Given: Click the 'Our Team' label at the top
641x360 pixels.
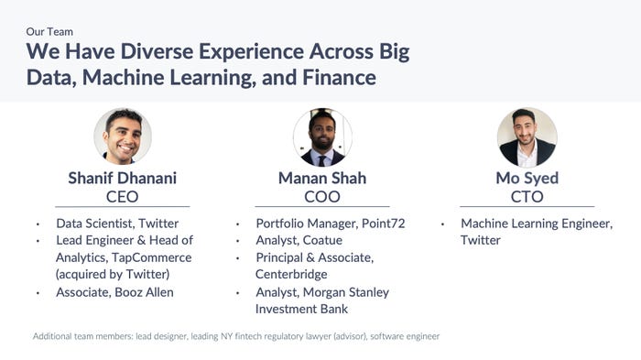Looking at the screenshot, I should click(x=49, y=31).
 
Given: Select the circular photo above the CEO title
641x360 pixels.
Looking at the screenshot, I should click(x=123, y=136).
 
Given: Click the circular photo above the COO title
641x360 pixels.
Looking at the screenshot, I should click(x=322, y=136).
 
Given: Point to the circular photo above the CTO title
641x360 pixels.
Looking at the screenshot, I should click(x=527, y=136).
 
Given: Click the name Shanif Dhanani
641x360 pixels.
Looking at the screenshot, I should click(x=123, y=178).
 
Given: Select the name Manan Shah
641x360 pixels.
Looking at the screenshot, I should click(x=322, y=178).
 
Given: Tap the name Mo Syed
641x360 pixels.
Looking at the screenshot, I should click(x=527, y=178).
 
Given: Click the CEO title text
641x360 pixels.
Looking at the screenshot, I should click(x=123, y=197).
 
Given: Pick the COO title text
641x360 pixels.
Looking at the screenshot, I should click(x=322, y=197).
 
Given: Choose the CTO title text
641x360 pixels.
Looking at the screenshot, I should click(x=527, y=197).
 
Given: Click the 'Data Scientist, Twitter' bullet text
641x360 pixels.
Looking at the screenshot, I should click(x=117, y=224).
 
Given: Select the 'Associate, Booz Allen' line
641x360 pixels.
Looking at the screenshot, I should click(x=114, y=292).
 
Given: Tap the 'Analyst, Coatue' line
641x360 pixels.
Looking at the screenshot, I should click(x=299, y=240).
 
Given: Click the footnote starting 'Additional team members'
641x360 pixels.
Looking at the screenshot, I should click(x=236, y=336).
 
